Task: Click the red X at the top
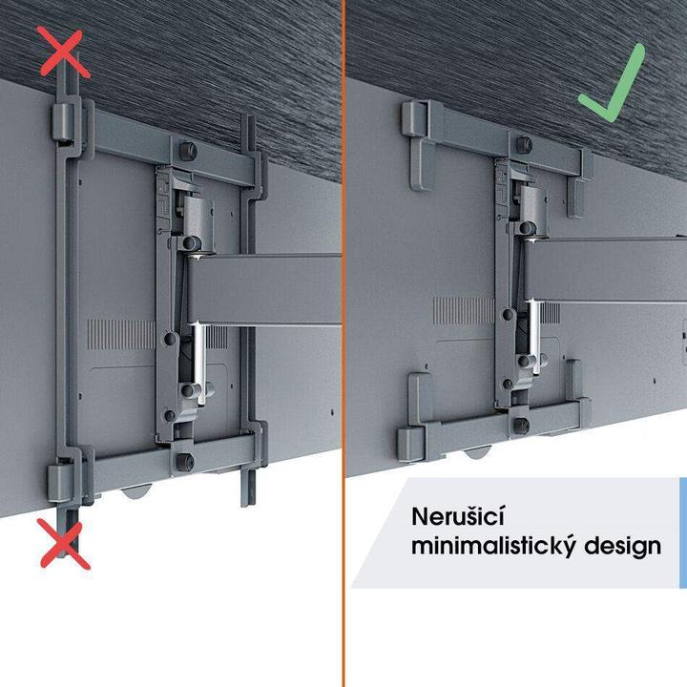(64, 52)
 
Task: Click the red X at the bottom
(63, 543)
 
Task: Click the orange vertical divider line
(343, 343)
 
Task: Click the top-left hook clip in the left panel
(60, 124)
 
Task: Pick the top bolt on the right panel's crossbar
(525, 143)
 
